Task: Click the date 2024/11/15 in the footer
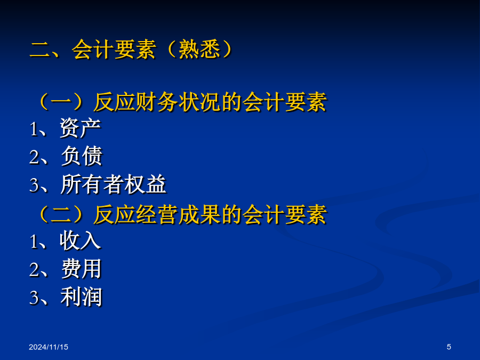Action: coord(49,347)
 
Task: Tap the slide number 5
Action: coord(449,347)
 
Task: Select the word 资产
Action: coord(80,128)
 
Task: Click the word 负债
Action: coord(82,156)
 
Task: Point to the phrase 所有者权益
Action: coord(113,185)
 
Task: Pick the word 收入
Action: coord(80,241)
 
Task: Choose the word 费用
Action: coord(82,269)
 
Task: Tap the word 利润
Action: coord(81,297)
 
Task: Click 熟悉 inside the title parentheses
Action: coord(199,49)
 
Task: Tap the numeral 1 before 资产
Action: coord(34,129)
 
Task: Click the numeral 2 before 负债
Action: coord(34,157)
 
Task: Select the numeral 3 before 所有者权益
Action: coord(34,186)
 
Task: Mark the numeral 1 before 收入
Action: coord(34,242)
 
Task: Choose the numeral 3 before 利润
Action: coord(34,298)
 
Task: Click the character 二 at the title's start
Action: coord(40,50)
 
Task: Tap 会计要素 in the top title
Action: coord(114,49)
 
